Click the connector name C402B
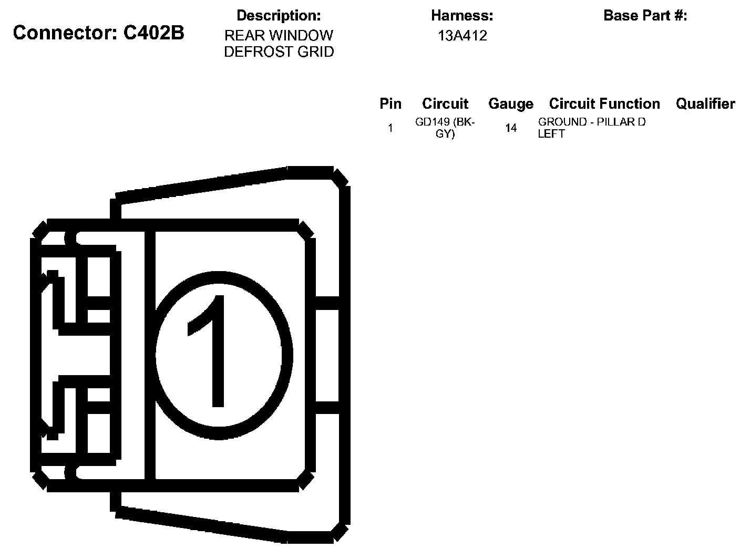click(x=153, y=33)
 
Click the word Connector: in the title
click(x=65, y=33)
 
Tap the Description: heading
click(x=279, y=16)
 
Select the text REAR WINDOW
click(x=279, y=36)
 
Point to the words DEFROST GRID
click(x=279, y=52)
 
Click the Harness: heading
click(x=462, y=16)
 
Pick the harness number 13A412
click(x=462, y=36)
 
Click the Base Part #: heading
click(x=645, y=16)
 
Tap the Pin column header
click(x=390, y=104)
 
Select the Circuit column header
click(x=445, y=104)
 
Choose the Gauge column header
click(x=510, y=104)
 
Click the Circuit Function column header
click(x=604, y=104)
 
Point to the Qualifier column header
click(x=705, y=104)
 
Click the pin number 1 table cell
click(x=390, y=128)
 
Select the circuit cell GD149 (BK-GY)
click(x=445, y=128)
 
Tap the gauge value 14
click(x=510, y=128)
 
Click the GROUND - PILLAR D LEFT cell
click(x=591, y=128)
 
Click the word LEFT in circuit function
click(x=551, y=134)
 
